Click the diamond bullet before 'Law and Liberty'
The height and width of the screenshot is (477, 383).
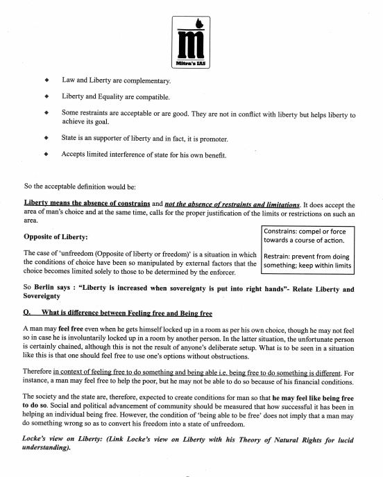[45, 80]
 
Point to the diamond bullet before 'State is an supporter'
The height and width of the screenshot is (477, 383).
[45, 137]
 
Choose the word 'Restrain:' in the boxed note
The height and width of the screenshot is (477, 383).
[280, 256]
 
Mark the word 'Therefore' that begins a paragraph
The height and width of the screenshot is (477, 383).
[42, 374]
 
